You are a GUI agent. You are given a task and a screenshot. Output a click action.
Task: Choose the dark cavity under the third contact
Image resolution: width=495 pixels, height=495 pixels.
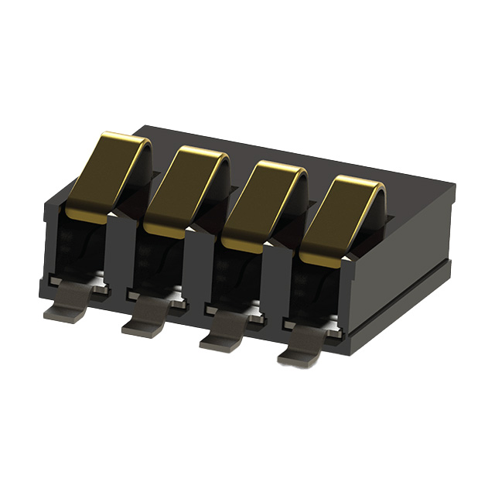[237, 277]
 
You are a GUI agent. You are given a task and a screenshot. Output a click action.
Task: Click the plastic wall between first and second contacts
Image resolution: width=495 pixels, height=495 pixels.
[119, 255]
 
